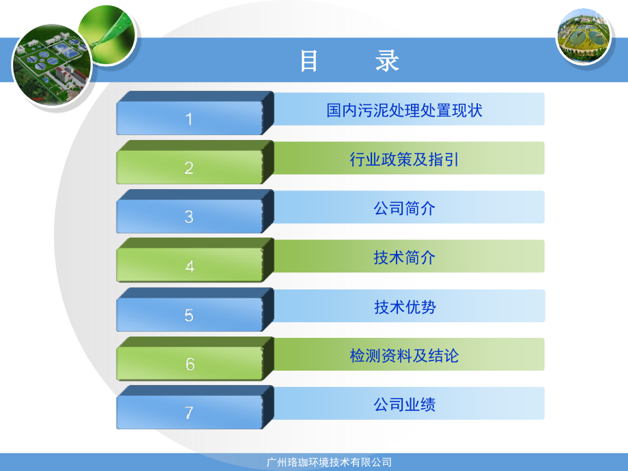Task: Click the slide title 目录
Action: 349,61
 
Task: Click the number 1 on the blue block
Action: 189,119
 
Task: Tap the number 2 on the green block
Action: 189,168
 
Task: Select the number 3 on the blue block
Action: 189,217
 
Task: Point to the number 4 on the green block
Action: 189,266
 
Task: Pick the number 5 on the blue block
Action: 189,315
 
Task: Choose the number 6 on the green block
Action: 189,365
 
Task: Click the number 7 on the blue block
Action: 189,413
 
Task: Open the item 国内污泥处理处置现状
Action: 404,110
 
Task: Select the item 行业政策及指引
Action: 404,160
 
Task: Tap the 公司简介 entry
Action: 404,209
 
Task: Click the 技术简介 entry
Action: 404,258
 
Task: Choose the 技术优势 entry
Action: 404,307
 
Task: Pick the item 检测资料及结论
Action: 404,356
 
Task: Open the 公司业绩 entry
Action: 404,405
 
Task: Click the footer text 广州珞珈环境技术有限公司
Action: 328,462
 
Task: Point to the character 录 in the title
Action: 387,61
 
